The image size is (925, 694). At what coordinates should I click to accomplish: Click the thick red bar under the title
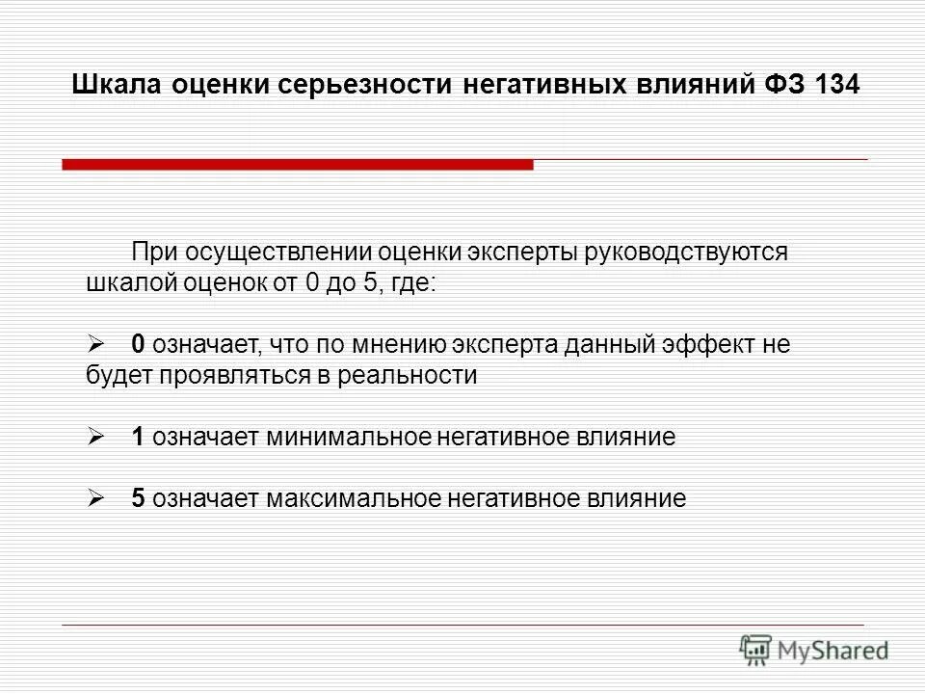click(298, 165)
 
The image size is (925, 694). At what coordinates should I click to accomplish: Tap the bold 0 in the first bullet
click(138, 344)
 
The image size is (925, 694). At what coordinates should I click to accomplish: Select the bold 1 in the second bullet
click(138, 437)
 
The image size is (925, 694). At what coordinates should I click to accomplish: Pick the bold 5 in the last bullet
click(138, 498)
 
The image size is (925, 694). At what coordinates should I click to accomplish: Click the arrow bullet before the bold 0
click(96, 344)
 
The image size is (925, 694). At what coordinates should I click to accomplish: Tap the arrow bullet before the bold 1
click(96, 437)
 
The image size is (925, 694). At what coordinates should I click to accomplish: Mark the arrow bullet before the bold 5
click(96, 498)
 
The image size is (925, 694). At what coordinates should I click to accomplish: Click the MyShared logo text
click(834, 651)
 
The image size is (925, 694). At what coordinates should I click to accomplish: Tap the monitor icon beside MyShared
click(757, 649)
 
